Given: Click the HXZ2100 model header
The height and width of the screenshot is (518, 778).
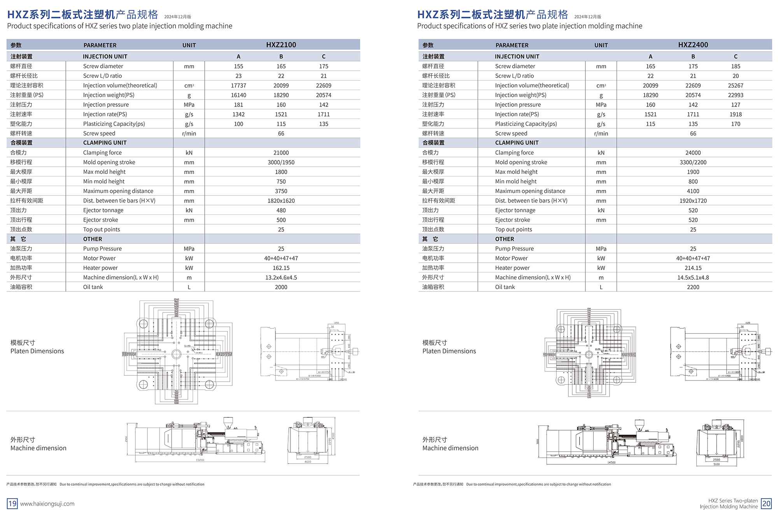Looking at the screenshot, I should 281,45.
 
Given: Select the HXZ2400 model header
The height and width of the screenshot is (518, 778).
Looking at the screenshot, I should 693,45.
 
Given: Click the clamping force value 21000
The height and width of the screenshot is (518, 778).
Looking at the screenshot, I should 281,153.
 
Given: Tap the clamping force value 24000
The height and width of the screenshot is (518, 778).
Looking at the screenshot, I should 693,153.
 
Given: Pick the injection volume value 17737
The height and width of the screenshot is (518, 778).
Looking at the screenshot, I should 238,85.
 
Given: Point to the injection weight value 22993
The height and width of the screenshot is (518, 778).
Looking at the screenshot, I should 735,95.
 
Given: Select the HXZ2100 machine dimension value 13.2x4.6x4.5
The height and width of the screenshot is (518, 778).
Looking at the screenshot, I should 281,277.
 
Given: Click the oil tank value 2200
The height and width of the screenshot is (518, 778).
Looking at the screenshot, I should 693,287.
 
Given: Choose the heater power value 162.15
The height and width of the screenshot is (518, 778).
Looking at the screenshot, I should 281,268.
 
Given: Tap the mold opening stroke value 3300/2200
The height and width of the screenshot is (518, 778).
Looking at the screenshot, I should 693,162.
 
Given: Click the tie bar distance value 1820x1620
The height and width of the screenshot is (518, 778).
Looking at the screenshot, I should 281,201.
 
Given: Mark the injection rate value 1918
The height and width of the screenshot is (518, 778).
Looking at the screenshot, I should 735,114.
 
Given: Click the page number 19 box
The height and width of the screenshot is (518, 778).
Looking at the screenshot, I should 12,504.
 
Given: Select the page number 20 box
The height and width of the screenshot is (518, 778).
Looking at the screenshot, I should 766,504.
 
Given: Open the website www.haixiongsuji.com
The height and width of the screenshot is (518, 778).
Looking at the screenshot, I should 47,504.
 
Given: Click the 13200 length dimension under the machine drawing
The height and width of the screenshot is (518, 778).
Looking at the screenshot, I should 200,460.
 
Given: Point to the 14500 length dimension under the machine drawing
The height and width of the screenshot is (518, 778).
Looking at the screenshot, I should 611,462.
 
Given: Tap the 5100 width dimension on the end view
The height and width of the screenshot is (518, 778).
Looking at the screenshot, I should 717,464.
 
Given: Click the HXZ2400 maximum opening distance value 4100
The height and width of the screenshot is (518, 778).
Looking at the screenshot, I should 693,191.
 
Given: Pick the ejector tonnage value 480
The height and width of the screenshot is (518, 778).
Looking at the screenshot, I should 281,210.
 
